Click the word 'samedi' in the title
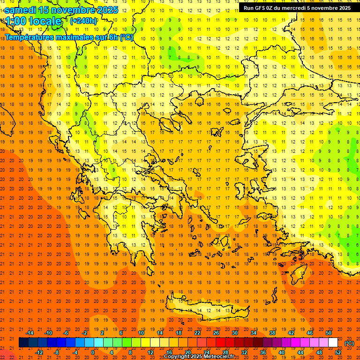(21, 10)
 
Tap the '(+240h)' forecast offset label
(83, 21)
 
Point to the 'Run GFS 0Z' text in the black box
(259, 8)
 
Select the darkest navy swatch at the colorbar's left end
(24, 343)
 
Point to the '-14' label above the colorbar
(30, 333)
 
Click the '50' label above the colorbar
(328, 333)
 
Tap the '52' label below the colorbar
(338, 352)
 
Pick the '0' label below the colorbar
(93, 352)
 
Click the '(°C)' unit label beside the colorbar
(349, 343)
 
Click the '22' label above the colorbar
(197, 333)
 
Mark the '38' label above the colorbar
(272, 333)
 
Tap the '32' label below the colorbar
(244, 352)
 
